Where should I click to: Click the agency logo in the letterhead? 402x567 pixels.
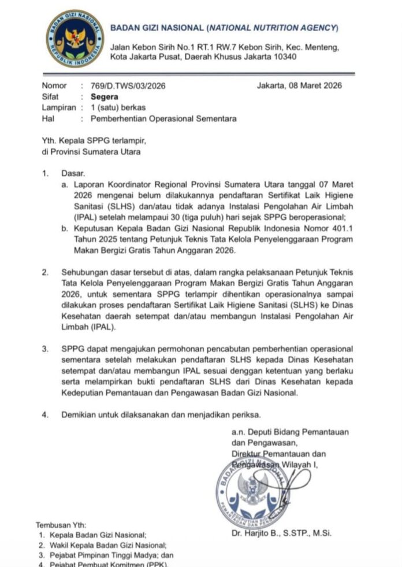(75, 39)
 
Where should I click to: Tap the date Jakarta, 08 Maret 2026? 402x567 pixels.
(299, 86)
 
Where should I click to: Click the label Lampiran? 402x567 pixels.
(59, 108)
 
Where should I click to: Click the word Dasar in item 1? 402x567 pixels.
(73, 173)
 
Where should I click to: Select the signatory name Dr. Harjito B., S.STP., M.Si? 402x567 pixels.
(281, 533)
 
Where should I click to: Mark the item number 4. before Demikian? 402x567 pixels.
(45, 414)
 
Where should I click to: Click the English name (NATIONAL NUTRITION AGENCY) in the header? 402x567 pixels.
(273, 28)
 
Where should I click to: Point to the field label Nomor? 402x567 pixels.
(54, 86)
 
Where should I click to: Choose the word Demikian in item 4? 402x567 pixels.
(78, 414)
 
